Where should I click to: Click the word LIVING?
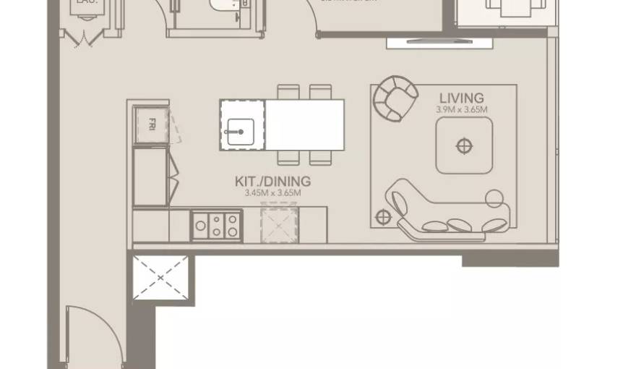pyautogui.click(x=461, y=98)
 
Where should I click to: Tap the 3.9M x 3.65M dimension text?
pyautogui.click(x=461, y=110)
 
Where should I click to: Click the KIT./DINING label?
pyautogui.click(x=272, y=182)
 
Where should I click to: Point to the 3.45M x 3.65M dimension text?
pyautogui.click(x=272, y=193)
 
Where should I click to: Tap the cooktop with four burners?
pyautogui.click(x=216, y=225)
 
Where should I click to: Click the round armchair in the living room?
pyautogui.click(x=395, y=98)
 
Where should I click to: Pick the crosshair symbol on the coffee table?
pyautogui.click(x=463, y=147)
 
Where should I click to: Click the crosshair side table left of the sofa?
pyautogui.click(x=383, y=216)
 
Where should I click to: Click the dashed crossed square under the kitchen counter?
pyautogui.click(x=279, y=224)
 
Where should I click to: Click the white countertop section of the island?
pyautogui.click(x=304, y=125)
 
